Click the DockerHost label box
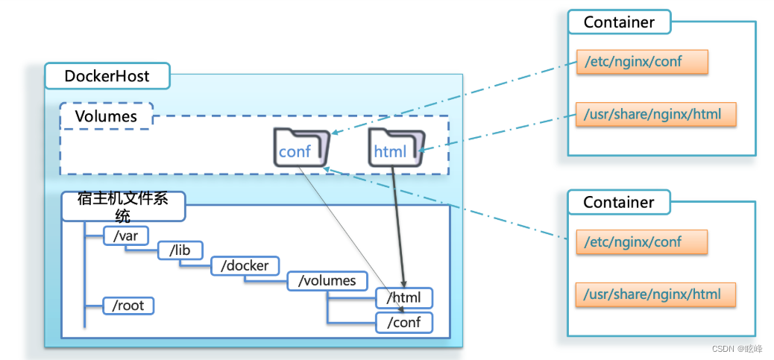pos(107,76)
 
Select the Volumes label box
pos(106,116)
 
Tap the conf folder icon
pos(301,147)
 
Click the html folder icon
pos(396,147)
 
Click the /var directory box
pos(126,236)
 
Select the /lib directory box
pos(180,250)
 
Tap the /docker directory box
pos(245,265)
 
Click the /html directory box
pos(404,298)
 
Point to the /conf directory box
pos(404,322)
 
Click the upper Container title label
pos(619,22)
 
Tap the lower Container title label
pos(619,202)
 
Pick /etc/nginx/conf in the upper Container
pos(641,62)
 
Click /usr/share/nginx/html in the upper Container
pos(655,114)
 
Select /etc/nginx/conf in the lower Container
pos(641,241)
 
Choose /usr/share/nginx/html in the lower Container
pos(655,294)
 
